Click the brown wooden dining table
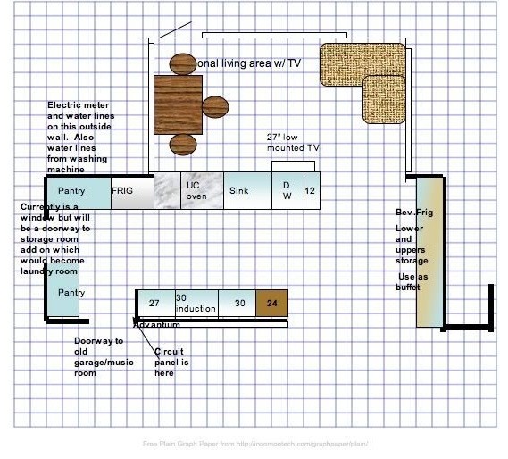178,104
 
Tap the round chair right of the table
215,107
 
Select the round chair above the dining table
182,63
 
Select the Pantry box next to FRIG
77,192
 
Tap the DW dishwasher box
287,191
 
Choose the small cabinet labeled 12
311,191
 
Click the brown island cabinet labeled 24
272,304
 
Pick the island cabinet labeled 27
154,304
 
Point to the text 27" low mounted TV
293,142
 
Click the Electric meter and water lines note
80,137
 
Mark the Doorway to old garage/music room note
98,357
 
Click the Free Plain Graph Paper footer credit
255,443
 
